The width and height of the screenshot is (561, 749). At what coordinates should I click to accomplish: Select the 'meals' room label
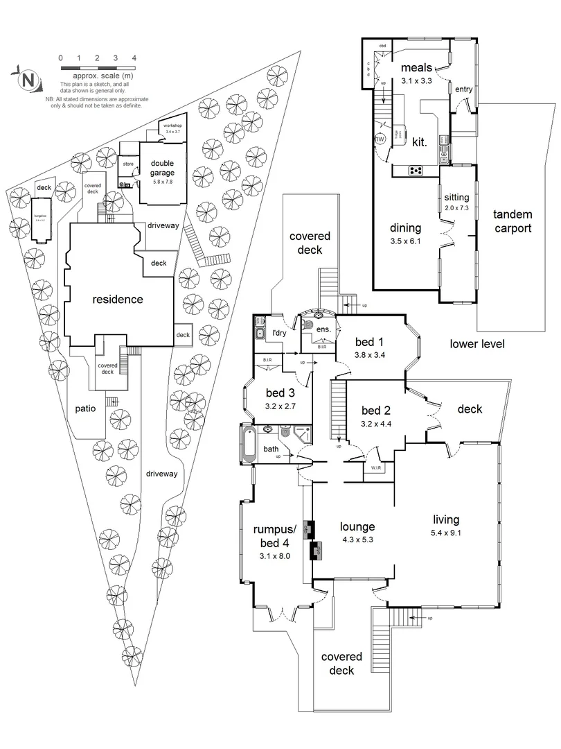tap(416, 67)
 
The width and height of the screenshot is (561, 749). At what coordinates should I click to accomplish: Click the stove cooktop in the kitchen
tap(416, 171)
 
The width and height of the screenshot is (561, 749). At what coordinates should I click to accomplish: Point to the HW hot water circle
tap(380, 139)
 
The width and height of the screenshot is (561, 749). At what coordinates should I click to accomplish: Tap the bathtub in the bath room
tap(249, 444)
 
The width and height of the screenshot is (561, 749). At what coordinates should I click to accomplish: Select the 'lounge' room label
tap(357, 526)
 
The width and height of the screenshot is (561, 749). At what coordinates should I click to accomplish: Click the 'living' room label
tap(446, 519)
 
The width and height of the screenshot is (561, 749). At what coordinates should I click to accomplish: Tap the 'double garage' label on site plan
tap(162, 168)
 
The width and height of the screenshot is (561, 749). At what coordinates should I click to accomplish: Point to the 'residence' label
tap(118, 300)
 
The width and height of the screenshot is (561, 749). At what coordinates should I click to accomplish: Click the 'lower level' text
tap(477, 343)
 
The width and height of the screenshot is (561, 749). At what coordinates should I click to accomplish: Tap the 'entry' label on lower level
tap(463, 88)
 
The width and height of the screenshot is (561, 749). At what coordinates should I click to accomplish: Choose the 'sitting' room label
tap(457, 198)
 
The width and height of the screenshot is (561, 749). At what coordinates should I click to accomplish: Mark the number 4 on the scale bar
tap(134, 58)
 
